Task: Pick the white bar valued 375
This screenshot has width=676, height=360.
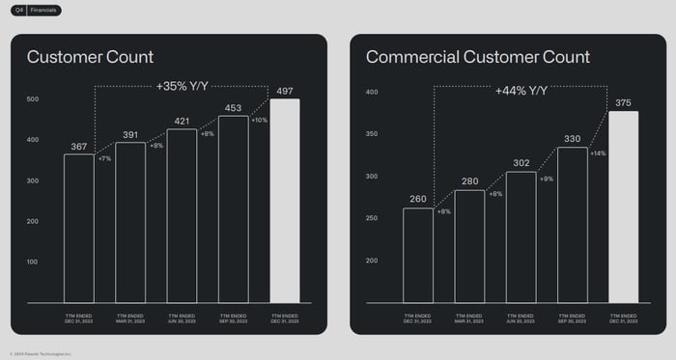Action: click(x=624, y=211)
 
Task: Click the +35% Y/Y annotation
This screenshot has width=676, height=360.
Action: click(x=182, y=86)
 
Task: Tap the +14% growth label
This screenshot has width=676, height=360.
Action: click(x=598, y=152)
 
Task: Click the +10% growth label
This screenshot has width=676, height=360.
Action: click(x=259, y=120)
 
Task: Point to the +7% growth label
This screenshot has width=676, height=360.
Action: click(x=104, y=158)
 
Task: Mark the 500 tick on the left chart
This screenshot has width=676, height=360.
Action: click(x=32, y=99)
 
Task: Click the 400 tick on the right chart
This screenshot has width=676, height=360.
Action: click(x=372, y=93)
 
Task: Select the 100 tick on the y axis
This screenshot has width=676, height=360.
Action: click(x=32, y=262)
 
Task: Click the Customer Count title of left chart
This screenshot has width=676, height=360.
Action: click(x=90, y=57)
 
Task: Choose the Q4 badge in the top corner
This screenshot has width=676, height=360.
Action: click(x=19, y=10)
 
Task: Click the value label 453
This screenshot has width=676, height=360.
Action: click(x=233, y=109)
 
